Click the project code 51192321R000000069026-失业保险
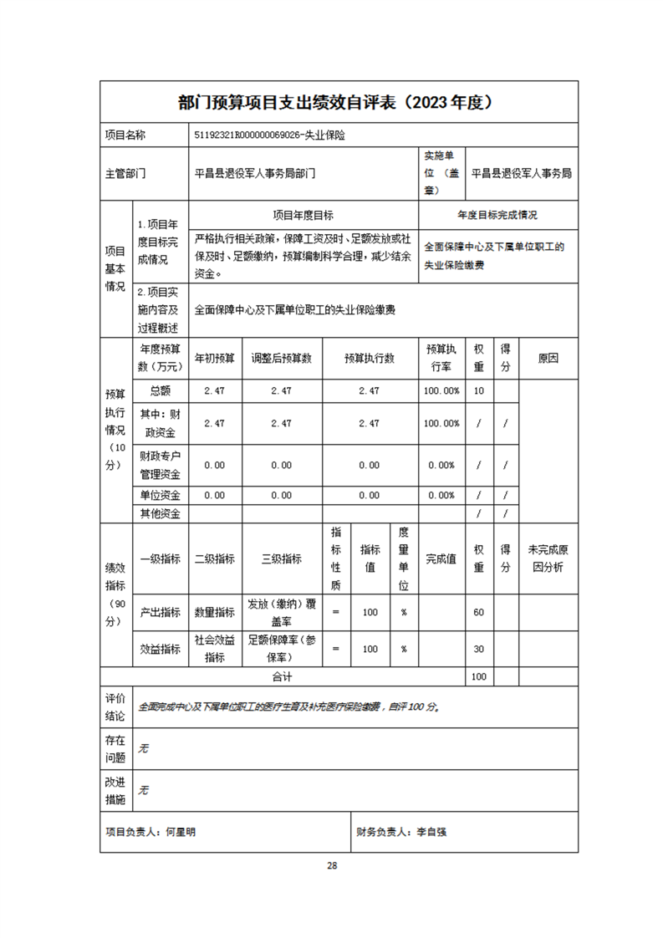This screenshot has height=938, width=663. click(x=270, y=134)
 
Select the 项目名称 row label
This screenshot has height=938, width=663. click(x=125, y=134)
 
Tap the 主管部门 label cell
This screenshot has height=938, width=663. click(x=125, y=174)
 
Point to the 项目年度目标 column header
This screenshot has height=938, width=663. click(x=303, y=215)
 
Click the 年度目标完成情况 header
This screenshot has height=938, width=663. click(x=497, y=215)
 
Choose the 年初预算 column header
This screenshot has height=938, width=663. click(x=215, y=358)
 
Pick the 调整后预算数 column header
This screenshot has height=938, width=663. click(x=281, y=358)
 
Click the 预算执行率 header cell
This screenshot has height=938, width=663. click(x=441, y=358)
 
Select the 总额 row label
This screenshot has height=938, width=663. click(x=161, y=390)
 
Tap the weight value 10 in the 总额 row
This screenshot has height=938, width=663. click(x=479, y=390)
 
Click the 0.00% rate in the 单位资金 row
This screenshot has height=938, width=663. click(x=441, y=495)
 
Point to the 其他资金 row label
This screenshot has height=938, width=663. click(x=161, y=513)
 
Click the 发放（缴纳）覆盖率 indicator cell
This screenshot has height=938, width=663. click(x=281, y=611)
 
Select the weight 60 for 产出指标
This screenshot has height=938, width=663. click(x=479, y=612)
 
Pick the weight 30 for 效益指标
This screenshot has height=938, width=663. click(x=479, y=649)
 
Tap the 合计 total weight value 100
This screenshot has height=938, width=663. click(x=479, y=676)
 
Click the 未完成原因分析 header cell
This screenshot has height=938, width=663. click(x=548, y=558)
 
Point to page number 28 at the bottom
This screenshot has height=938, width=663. click(x=332, y=865)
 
